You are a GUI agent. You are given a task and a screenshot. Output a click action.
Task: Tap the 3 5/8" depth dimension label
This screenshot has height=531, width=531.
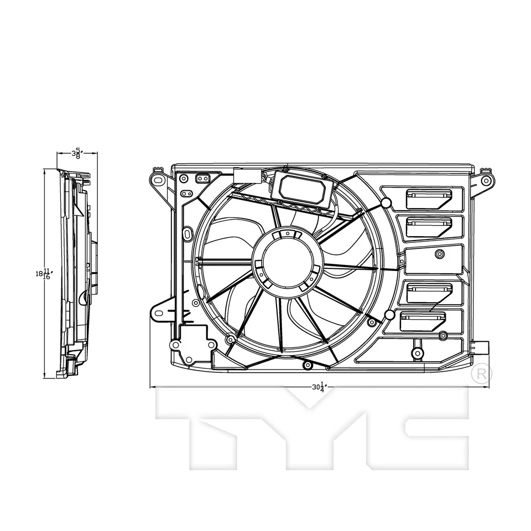coord(77,153)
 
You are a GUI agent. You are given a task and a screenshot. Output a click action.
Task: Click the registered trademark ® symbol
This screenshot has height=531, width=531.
coord(482,373)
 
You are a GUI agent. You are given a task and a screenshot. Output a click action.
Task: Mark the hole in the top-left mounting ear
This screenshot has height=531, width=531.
coord(157,180)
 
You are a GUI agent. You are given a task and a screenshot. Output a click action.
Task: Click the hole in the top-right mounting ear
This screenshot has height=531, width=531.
coord(486,180)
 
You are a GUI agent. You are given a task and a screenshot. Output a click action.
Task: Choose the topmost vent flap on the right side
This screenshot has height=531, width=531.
coord(429,198)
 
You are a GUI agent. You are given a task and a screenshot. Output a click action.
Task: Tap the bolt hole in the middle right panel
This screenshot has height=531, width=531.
coord(439,254)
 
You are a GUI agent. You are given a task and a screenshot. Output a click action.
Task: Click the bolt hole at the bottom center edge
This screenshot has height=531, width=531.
coord(308,365)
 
